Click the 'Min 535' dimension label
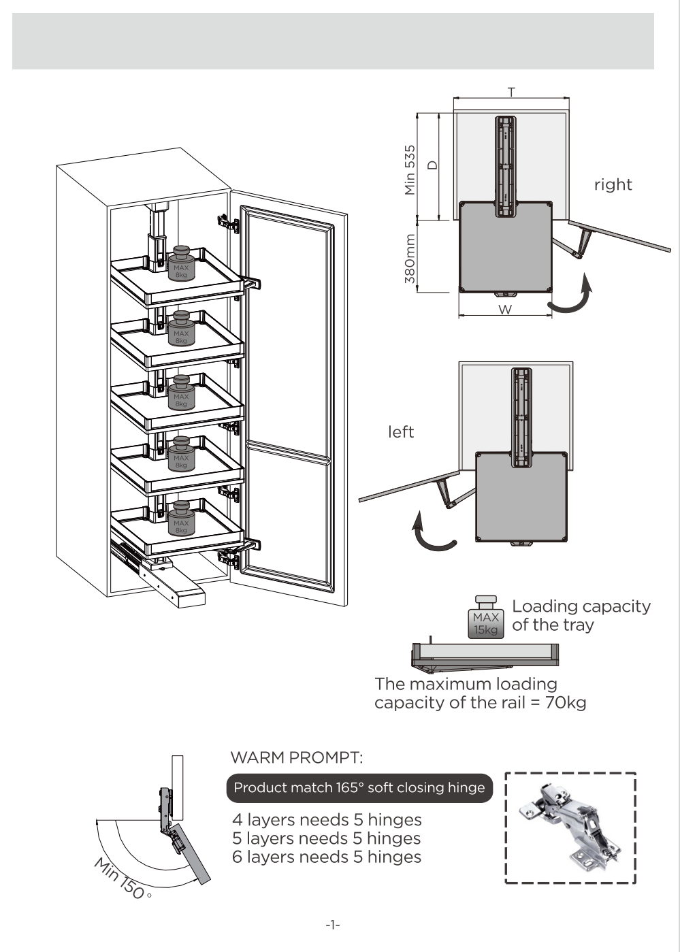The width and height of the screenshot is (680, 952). click(x=410, y=170)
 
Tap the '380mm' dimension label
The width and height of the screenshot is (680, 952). click(x=410, y=259)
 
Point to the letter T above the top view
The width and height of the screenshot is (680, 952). click(x=511, y=92)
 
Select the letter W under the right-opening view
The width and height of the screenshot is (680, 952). click(x=505, y=310)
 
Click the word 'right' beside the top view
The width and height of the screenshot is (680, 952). click(x=613, y=185)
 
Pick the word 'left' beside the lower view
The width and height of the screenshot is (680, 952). click(x=401, y=432)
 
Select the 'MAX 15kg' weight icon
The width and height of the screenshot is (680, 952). click(x=486, y=618)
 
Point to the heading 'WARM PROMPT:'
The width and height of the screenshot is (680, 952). click(x=297, y=757)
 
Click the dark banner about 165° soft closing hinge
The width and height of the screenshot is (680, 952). click(x=359, y=788)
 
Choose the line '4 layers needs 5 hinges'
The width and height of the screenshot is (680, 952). click(x=327, y=820)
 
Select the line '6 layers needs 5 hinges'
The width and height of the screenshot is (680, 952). click(x=327, y=857)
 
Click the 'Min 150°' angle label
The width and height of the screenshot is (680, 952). click(x=121, y=879)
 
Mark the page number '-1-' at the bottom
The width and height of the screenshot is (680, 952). click(x=333, y=925)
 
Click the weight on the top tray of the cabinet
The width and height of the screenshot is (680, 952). click(x=181, y=263)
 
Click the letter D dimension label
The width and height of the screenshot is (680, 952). click(x=432, y=165)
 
